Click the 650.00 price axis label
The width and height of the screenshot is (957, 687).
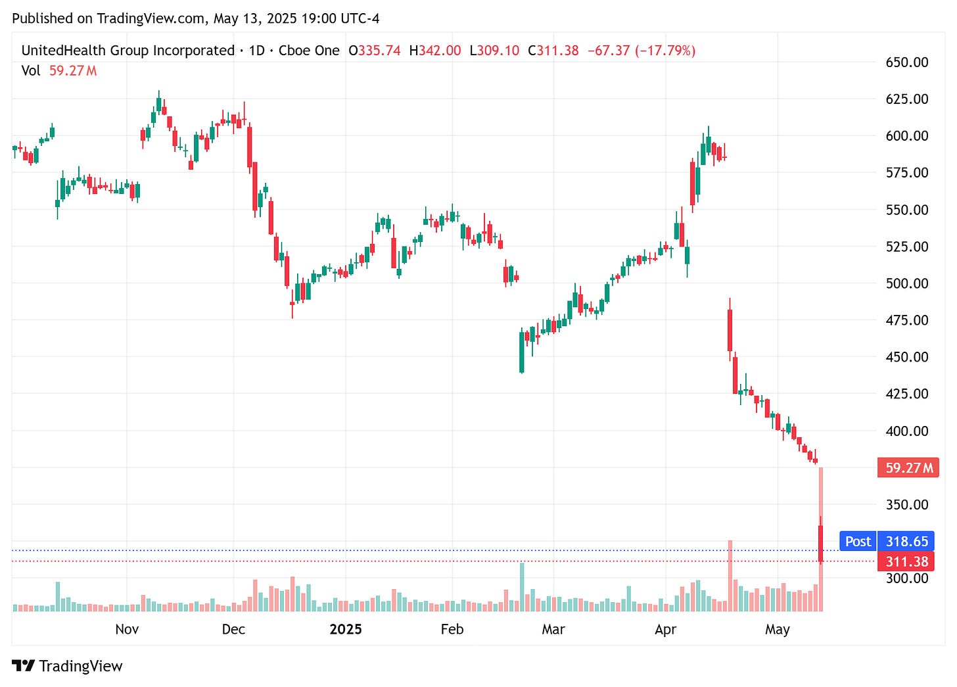click(906, 62)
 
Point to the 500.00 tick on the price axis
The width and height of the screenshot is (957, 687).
click(906, 283)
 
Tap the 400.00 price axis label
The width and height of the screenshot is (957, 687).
click(906, 431)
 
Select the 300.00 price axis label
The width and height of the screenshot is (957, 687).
click(906, 579)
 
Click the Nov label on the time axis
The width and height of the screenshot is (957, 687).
click(127, 630)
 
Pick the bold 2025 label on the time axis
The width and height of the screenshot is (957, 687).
click(346, 630)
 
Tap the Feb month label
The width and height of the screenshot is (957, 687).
click(452, 630)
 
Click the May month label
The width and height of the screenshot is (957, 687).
click(777, 630)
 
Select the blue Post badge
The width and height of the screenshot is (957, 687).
click(858, 542)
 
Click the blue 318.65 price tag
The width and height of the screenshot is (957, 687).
click(906, 542)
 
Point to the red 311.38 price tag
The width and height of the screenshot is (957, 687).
click(906, 562)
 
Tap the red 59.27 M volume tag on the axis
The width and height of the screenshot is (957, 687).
click(908, 468)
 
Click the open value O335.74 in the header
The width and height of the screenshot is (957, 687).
click(375, 51)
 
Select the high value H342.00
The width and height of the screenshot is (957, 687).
click(435, 51)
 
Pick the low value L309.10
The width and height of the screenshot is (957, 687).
click(494, 51)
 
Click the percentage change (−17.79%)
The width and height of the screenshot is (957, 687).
click(665, 51)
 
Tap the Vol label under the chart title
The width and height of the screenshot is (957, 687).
click(31, 71)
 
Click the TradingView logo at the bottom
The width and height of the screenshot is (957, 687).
click(67, 666)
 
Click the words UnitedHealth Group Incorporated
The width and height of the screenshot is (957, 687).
click(128, 51)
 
